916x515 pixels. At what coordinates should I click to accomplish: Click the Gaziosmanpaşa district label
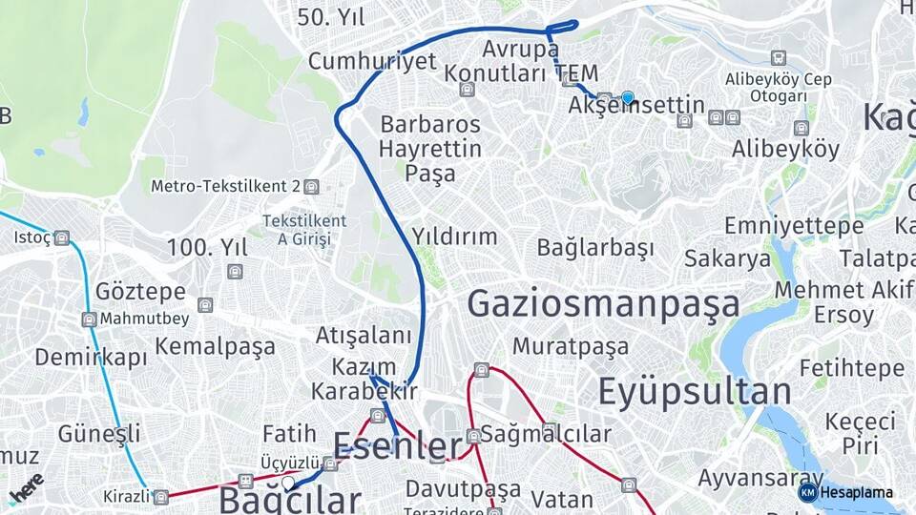tap(603, 304)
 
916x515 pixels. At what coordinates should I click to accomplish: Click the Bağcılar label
tap(290, 499)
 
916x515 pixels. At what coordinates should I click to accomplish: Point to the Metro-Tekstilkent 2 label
tap(226, 186)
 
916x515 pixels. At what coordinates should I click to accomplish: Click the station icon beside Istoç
tap(62, 237)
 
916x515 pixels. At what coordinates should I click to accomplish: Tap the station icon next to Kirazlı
tap(161, 497)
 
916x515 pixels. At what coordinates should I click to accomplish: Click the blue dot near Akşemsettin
tap(628, 97)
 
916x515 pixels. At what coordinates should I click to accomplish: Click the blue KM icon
tap(807, 493)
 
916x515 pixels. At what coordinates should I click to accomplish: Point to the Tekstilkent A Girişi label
tap(304, 230)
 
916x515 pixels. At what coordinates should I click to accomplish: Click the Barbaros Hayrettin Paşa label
tap(429, 149)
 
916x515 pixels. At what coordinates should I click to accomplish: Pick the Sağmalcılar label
tap(545, 435)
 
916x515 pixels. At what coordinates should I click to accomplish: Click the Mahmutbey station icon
tap(89, 319)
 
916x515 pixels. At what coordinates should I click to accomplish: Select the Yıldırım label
tap(454, 237)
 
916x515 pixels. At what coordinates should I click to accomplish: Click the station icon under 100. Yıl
tap(235, 272)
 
